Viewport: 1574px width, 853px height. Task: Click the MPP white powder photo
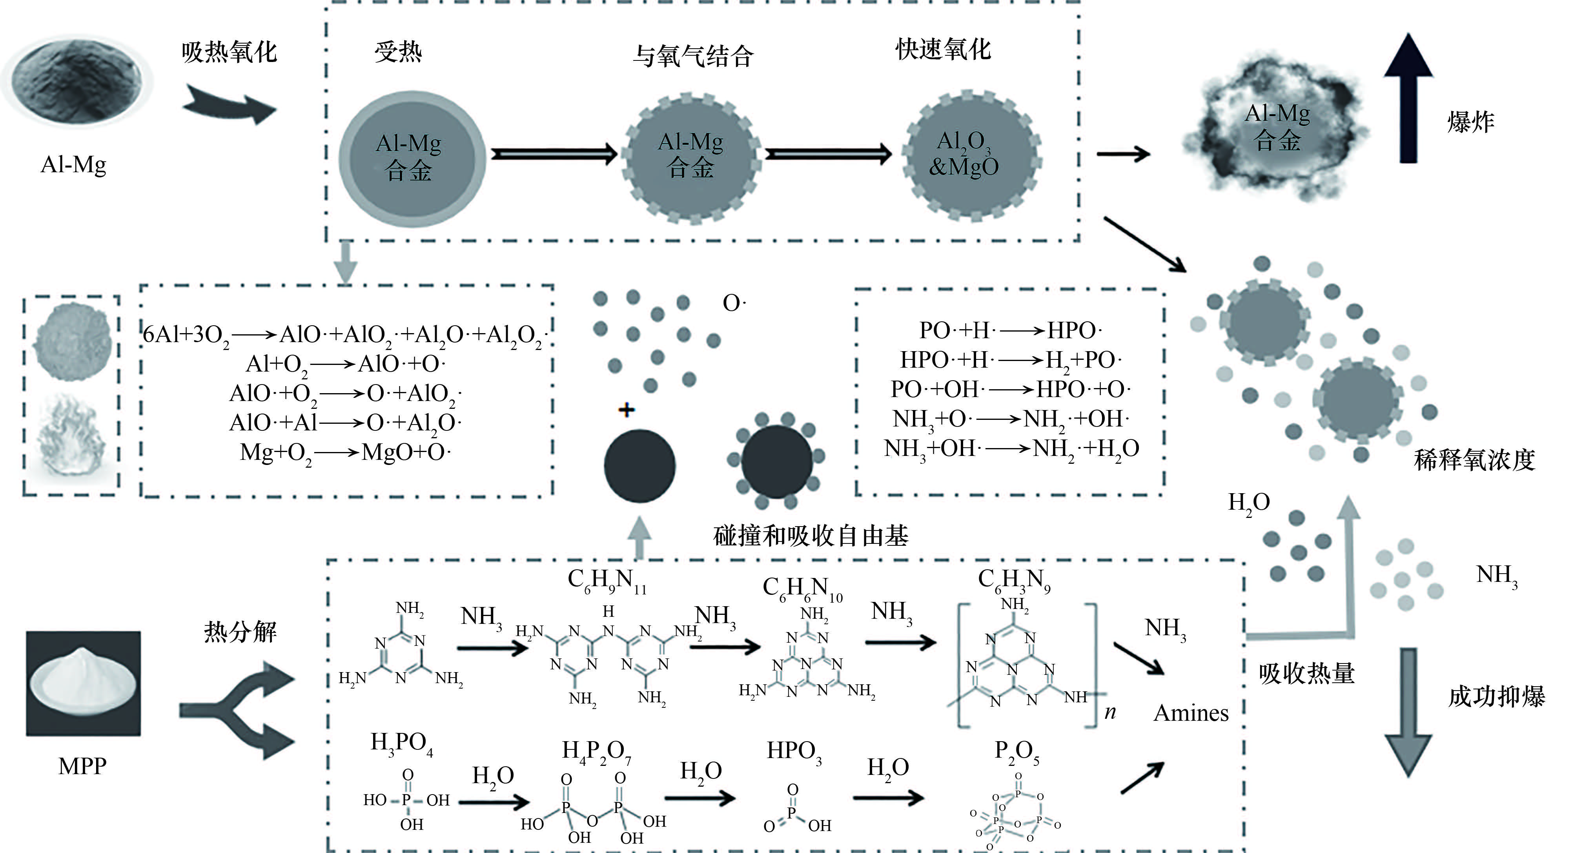(x=83, y=683)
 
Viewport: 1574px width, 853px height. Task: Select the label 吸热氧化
(x=229, y=52)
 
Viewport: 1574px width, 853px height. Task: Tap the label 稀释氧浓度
(x=1474, y=459)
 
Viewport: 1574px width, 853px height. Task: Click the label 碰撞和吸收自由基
(x=811, y=536)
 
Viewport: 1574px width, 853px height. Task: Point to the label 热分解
(x=240, y=631)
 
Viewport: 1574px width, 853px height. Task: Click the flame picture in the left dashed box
(x=72, y=437)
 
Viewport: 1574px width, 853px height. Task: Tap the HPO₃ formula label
(x=794, y=751)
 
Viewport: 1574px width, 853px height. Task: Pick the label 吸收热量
(x=1306, y=673)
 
